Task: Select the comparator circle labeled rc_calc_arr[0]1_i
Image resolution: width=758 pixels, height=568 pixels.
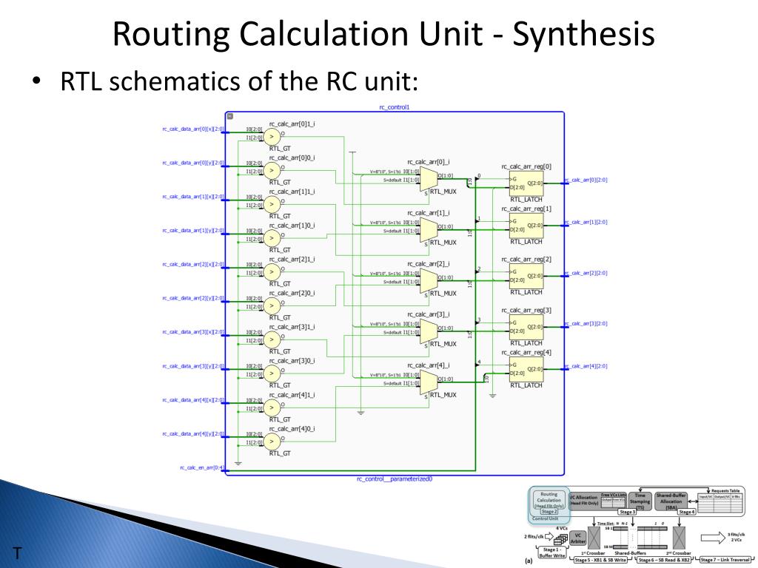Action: (x=272, y=136)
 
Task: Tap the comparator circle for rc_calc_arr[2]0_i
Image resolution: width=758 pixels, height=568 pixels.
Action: (x=272, y=305)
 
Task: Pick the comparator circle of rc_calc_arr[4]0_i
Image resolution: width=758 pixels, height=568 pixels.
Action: (x=272, y=442)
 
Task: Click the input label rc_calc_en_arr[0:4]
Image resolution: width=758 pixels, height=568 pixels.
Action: (x=201, y=467)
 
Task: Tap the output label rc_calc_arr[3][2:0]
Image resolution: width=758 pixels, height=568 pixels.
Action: (x=587, y=324)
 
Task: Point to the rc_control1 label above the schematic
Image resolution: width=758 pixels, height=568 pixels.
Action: (x=394, y=107)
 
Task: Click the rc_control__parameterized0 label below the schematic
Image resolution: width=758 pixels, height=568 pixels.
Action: (x=394, y=479)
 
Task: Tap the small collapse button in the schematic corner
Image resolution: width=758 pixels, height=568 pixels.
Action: (x=230, y=117)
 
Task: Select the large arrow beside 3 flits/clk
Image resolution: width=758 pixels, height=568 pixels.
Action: (x=714, y=538)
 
